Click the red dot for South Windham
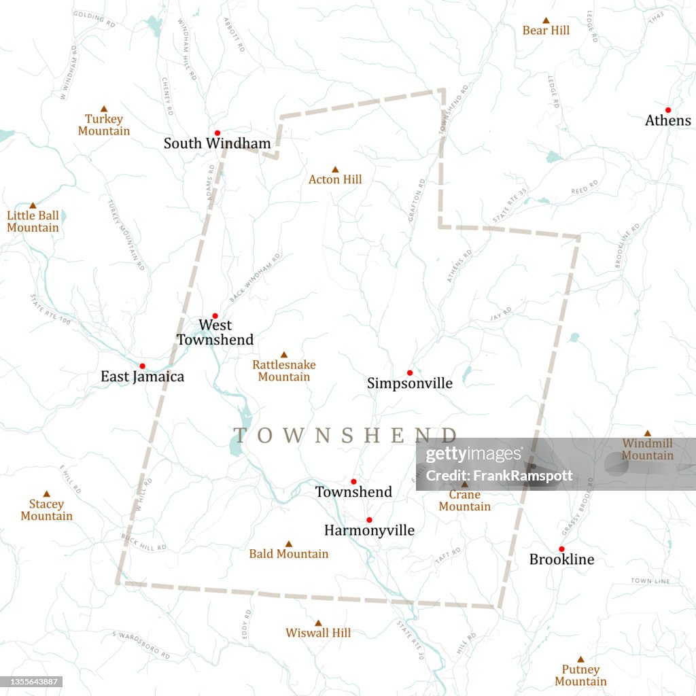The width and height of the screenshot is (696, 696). [217, 133]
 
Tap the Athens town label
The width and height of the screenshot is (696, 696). [667, 121]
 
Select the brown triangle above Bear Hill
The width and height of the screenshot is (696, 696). [546, 20]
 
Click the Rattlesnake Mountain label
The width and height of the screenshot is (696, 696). [284, 370]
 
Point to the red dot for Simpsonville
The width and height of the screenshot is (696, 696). [410, 372]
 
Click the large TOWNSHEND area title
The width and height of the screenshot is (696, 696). [345, 435]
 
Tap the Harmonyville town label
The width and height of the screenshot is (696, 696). [369, 530]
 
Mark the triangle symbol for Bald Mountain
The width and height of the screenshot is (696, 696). [288, 544]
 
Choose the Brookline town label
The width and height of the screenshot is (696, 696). [561, 559]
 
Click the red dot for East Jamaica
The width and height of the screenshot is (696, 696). [142, 366]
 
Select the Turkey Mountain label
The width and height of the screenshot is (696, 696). [104, 125]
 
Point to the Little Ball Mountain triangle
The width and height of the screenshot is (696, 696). [33, 205]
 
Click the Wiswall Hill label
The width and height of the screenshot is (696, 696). [318, 633]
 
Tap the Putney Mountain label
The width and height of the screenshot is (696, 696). [580, 676]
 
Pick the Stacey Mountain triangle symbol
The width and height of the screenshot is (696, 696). [46, 494]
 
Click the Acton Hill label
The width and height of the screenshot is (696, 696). [335, 179]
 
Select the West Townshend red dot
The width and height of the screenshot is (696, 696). [215, 315]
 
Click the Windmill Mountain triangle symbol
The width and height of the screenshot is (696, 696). [647, 433]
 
